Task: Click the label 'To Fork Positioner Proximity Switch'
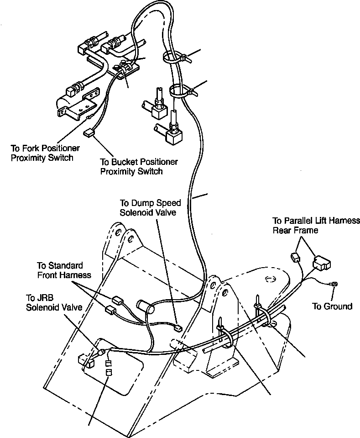point(45,153)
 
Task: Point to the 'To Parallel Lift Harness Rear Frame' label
point(316,225)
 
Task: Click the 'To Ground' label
point(332,306)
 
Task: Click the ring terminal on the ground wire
point(335,284)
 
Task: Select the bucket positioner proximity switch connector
point(89,134)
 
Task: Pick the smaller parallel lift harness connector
point(294,257)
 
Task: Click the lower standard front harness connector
point(110,310)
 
